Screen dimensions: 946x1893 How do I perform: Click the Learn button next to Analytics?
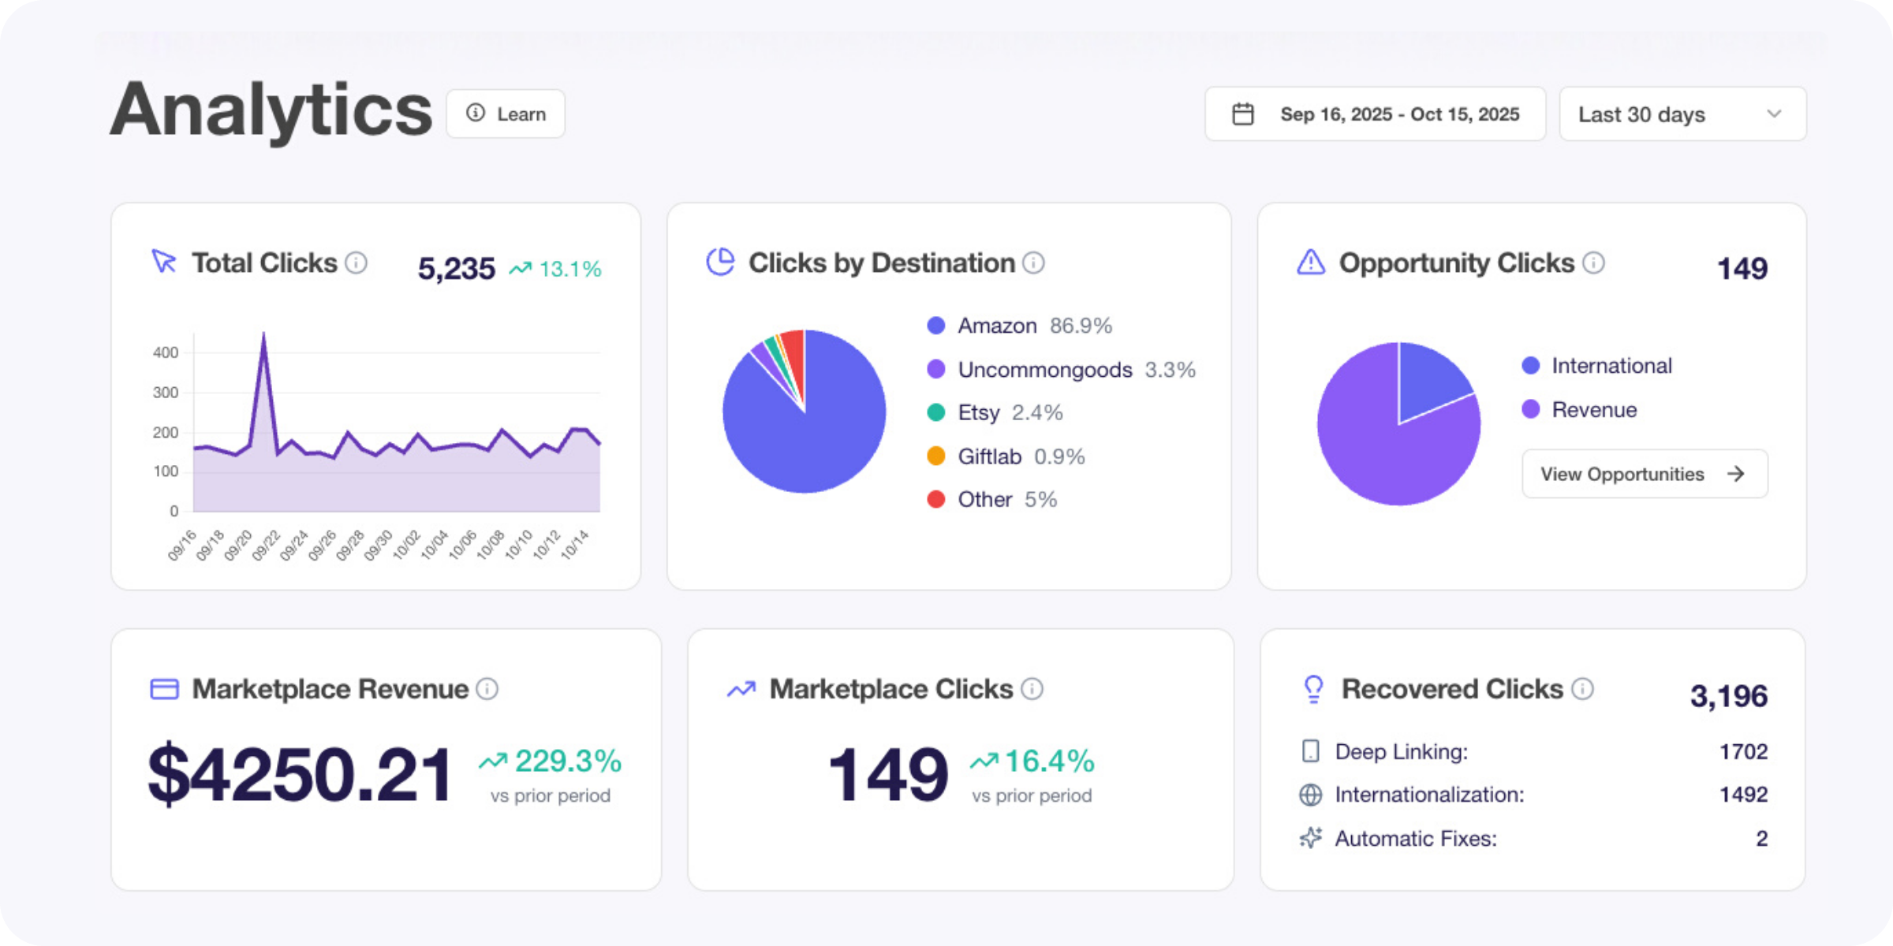point(506,114)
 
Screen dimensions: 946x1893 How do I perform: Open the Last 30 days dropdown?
point(1682,114)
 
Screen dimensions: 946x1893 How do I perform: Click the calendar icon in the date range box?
point(1243,114)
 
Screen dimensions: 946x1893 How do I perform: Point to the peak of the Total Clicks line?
point(263,334)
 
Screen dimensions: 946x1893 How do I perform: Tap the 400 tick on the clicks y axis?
point(166,352)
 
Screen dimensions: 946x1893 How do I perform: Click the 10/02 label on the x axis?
point(406,545)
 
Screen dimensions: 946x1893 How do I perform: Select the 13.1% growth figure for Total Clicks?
point(569,270)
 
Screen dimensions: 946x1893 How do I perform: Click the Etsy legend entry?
point(978,412)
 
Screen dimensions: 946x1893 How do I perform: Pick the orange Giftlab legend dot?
point(935,456)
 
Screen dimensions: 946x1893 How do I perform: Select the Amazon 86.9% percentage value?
point(1081,326)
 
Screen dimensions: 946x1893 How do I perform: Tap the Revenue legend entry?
point(1593,410)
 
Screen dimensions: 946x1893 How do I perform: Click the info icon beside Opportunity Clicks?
point(1593,263)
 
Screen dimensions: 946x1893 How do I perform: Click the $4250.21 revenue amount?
point(300,775)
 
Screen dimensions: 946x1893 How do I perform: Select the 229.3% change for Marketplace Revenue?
point(567,762)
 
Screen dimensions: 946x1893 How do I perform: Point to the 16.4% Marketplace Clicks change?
point(1048,762)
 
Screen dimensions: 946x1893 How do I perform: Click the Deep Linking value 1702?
point(1742,752)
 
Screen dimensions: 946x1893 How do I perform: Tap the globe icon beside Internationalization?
point(1310,795)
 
